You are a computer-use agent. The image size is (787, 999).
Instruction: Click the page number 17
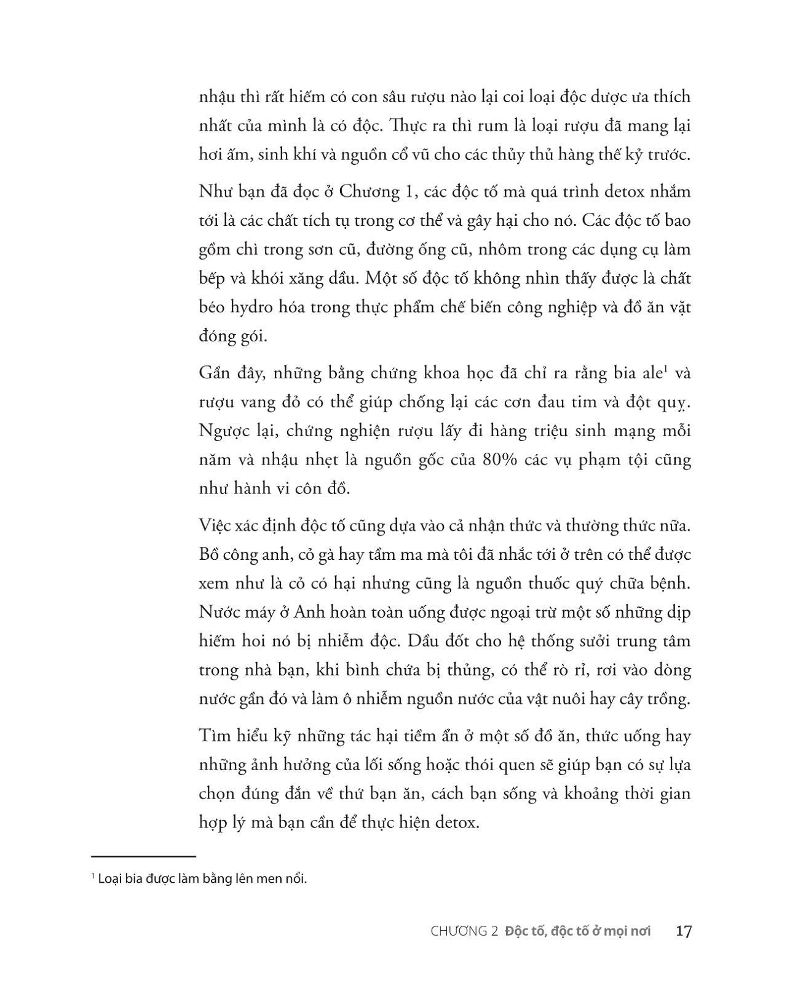point(683,931)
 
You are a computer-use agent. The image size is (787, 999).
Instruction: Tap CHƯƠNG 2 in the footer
point(464,931)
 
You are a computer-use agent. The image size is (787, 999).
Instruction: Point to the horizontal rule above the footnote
point(143,856)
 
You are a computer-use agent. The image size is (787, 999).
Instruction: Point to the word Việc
point(216,525)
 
